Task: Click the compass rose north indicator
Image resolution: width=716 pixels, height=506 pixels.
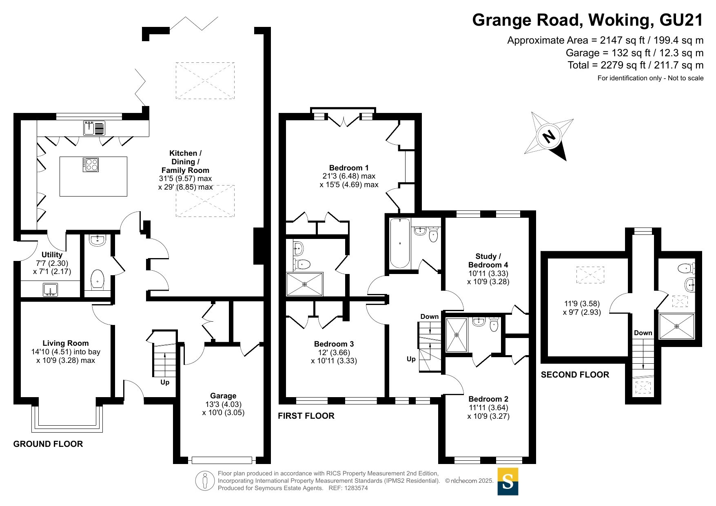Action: (549, 136)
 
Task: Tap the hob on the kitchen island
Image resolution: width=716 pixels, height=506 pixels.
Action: (91, 165)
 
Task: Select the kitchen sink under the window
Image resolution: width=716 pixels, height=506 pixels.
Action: (94, 128)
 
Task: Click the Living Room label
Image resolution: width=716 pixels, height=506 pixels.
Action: (66, 343)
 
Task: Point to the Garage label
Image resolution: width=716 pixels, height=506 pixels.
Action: (223, 396)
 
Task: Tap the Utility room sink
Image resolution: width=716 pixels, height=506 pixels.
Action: (51, 290)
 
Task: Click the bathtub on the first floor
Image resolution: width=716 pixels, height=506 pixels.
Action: (400, 243)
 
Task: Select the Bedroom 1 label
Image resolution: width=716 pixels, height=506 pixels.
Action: (349, 168)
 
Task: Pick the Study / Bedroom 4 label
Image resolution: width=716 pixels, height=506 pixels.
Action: (488, 261)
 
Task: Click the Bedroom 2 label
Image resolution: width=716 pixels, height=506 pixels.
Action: (488, 399)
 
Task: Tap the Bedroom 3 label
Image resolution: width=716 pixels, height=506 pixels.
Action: (334, 344)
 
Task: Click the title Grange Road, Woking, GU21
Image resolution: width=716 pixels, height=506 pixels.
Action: (588, 20)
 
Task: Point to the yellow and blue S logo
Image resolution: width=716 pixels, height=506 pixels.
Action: (508, 482)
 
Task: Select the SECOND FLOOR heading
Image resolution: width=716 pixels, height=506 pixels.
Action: (575, 375)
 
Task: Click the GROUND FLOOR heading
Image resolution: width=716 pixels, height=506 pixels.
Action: (48, 444)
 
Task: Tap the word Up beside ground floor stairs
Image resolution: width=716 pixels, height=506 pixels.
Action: (165, 382)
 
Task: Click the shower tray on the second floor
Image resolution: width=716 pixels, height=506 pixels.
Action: (676, 326)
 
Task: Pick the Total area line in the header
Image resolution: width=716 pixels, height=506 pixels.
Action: (636, 65)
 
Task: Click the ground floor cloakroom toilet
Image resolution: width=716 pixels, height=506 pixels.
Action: (98, 280)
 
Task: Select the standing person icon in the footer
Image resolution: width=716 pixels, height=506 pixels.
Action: (205, 481)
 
